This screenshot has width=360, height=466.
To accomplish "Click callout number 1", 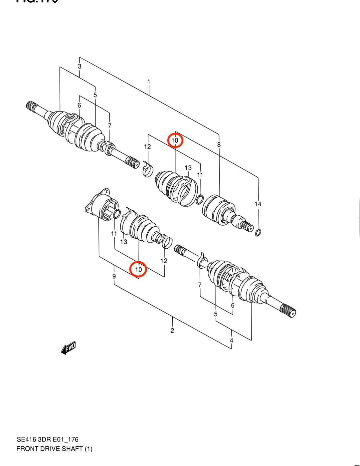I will click(x=149, y=82).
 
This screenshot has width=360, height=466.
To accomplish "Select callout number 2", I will click(x=172, y=331).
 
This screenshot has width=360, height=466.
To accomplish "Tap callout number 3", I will click(x=80, y=66).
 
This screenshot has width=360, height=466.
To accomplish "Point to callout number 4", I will click(x=232, y=340).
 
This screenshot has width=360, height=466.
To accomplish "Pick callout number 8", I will click(x=219, y=144).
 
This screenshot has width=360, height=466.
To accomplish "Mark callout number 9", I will click(x=114, y=276).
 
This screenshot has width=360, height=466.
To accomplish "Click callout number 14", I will click(x=258, y=204).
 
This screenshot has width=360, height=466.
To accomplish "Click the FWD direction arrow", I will click(x=69, y=348).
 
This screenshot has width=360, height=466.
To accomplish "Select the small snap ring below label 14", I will click(x=259, y=232).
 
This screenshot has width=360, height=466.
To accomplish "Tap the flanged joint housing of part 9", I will click(x=101, y=205).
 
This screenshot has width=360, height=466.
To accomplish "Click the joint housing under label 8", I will click(x=216, y=208).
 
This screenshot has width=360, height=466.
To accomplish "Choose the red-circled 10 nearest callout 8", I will click(x=175, y=140).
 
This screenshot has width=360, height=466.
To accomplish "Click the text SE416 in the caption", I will click(x=26, y=439).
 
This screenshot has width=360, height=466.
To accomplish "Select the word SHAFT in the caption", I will click(x=72, y=449).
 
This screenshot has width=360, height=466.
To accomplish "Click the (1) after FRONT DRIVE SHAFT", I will click(x=89, y=449).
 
